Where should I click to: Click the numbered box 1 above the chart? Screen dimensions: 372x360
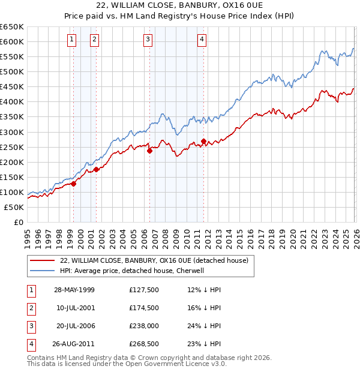pos(72,40)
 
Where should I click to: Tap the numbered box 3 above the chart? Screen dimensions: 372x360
pos(148,40)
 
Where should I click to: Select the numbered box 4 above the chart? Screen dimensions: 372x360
pos(203,40)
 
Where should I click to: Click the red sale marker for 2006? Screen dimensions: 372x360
pos(149,151)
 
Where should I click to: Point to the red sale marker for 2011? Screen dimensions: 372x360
pos(204,142)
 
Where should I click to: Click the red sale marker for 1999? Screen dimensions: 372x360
pos(74,184)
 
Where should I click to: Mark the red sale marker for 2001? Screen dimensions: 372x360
pos(96,170)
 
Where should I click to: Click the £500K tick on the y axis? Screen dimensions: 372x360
pos(11,71)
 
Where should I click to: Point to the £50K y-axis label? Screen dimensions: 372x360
pos(14,207)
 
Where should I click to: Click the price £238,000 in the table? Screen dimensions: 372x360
pos(144,326)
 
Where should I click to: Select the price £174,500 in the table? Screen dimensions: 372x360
pos(144,308)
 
